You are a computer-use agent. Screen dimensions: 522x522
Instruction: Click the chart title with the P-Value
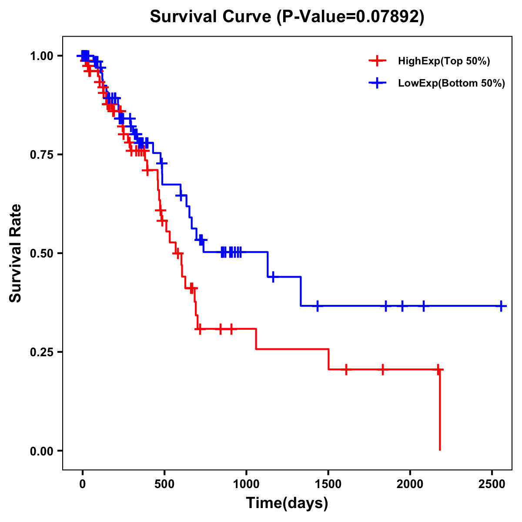click(287, 17)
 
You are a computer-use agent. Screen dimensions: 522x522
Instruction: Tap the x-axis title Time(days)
click(287, 503)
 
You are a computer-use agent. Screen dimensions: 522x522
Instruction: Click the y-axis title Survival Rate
click(16, 253)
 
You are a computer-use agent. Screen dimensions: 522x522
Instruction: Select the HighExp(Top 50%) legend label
click(444, 61)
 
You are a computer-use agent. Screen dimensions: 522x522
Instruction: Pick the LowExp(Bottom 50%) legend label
click(451, 84)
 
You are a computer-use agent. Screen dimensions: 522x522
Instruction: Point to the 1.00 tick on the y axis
click(41, 56)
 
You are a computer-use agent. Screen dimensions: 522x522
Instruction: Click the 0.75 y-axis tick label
click(41, 154)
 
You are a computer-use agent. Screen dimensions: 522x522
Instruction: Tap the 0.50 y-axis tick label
click(41, 253)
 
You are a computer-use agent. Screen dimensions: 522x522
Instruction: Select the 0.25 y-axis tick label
click(41, 352)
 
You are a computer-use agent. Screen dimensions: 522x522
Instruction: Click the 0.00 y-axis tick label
click(41, 451)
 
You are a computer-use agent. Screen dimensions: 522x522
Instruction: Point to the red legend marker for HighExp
click(377, 61)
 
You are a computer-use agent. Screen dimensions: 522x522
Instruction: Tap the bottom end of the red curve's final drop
click(440, 450)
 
